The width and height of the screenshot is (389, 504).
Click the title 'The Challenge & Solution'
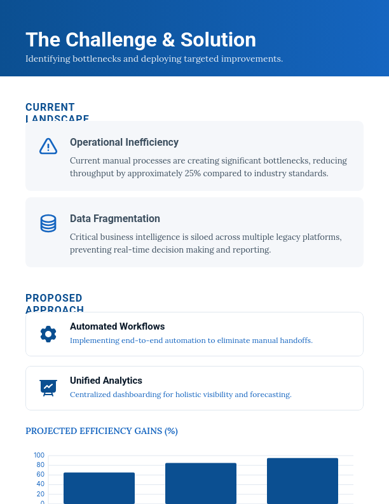pos(140,39)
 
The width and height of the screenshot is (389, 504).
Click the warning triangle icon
pos(48,146)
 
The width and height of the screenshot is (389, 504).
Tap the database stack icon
pos(48,223)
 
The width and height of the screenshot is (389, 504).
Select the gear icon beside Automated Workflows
pos(48,333)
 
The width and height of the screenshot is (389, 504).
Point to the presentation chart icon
pos(48,387)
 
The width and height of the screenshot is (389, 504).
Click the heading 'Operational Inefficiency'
pos(124,143)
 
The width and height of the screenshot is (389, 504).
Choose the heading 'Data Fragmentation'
pos(114,219)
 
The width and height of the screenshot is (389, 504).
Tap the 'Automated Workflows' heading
pos(117,326)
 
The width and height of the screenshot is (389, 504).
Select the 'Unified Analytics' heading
pos(106,381)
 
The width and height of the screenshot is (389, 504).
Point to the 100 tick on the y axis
pos(39,455)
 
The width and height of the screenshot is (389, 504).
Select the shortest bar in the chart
pos(99,487)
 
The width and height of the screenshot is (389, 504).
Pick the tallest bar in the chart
pos(303,480)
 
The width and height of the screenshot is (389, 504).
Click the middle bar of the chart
pos(201,483)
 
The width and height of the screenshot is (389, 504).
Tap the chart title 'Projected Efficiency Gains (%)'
pos(102,431)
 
